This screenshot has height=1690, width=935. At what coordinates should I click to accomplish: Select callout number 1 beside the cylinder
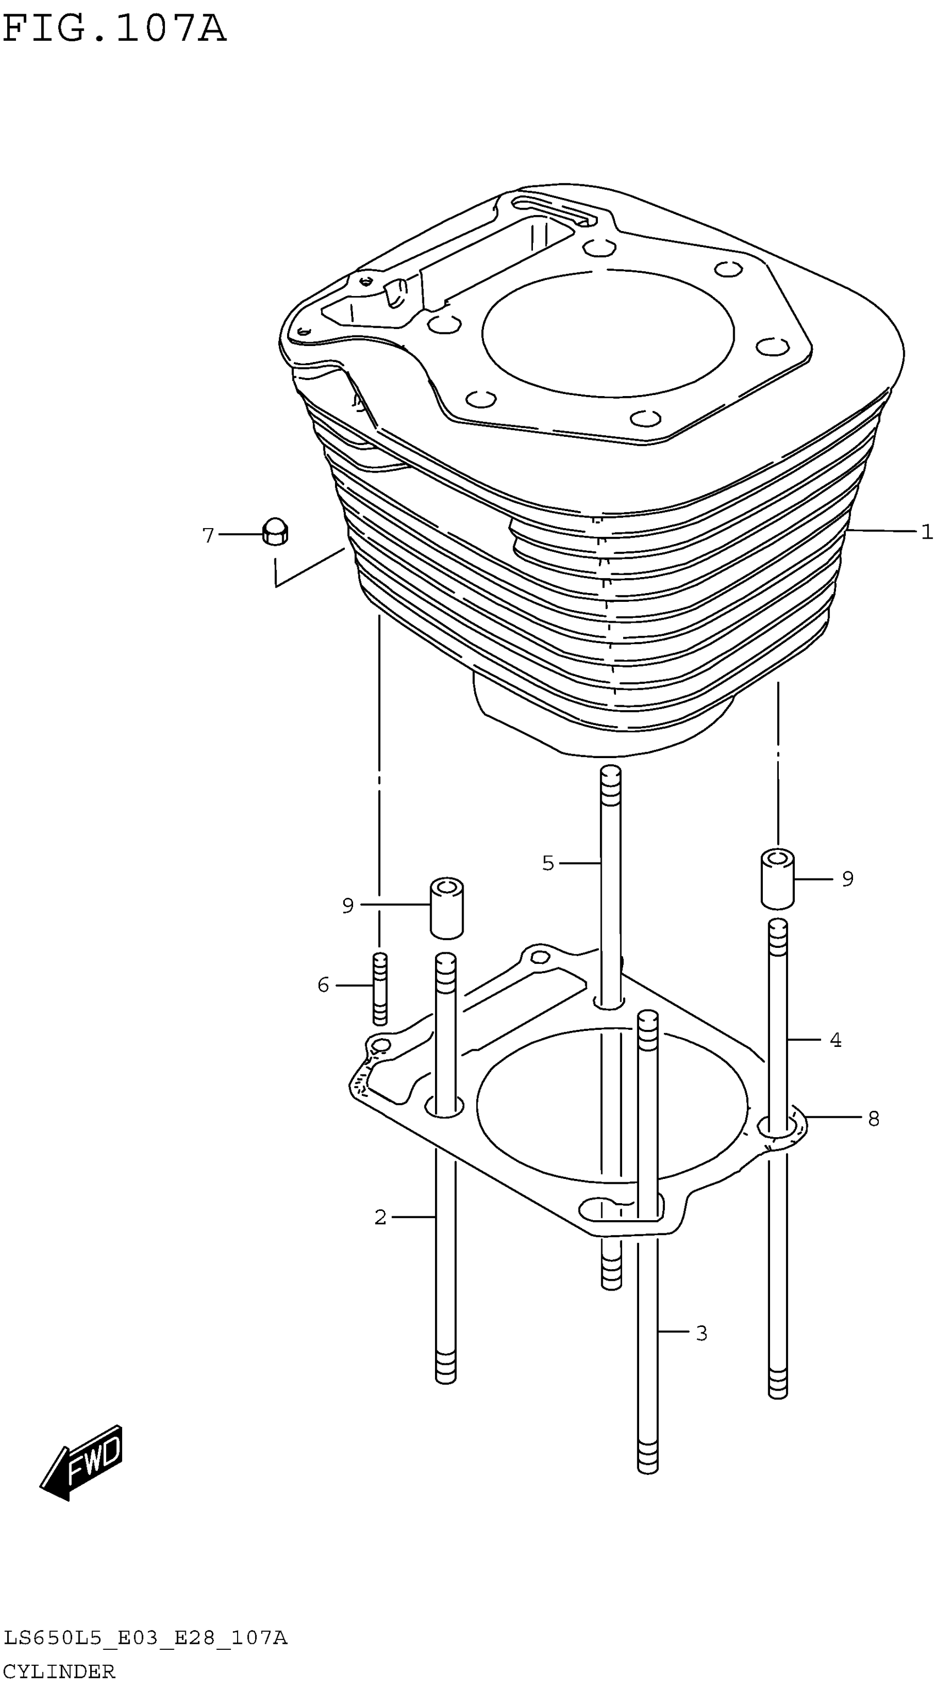pos(926,531)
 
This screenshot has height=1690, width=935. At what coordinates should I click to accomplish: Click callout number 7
pos(208,535)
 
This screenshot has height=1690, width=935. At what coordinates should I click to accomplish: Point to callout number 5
pos(548,863)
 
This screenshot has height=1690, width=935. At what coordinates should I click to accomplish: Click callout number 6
pos(323,985)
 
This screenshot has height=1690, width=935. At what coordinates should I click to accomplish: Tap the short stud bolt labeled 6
pos(380,988)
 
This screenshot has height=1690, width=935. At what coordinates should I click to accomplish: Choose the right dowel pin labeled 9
pos(777,879)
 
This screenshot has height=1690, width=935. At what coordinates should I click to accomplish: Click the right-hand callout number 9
pos(847,879)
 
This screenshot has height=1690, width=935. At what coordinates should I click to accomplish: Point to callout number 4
pos(835,1039)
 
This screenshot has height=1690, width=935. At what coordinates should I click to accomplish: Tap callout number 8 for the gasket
pos(873,1118)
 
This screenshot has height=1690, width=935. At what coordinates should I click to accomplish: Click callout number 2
pos(380,1217)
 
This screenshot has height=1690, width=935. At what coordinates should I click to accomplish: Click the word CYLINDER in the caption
pos(59,1670)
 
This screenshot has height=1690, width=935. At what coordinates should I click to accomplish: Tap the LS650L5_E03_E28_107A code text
pos(145,1638)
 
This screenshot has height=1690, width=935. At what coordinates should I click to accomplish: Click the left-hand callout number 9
pos(348,906)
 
